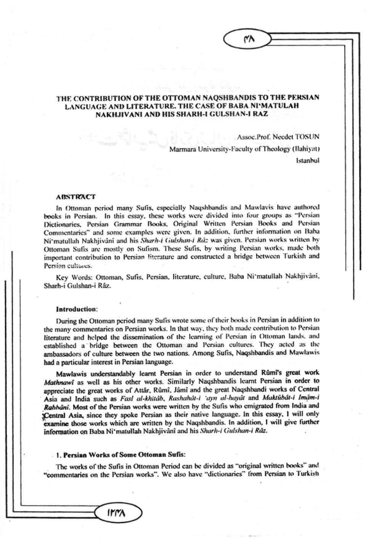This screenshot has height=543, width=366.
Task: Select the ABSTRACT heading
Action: [x=75, y=197]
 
